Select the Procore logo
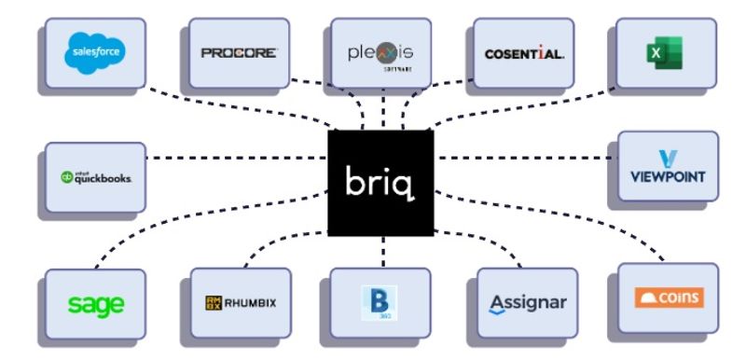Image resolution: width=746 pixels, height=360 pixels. click(x=239, y=52)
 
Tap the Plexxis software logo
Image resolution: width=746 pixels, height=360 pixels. click(x=380, y=52)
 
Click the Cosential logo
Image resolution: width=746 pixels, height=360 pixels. click(x=524, y=53)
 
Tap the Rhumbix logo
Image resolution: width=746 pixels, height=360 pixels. click(x=241, y=302)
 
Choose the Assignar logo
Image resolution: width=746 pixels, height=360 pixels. click(x=527, y=304)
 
